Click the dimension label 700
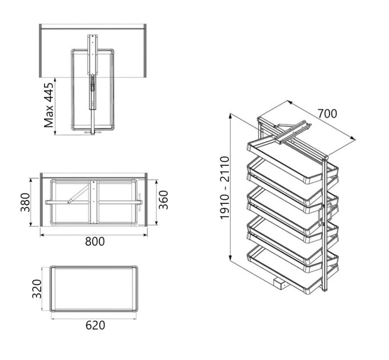click(327, 114)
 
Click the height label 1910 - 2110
click(225, 187)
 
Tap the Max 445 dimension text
click(49, 105)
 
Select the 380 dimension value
click(25, 202)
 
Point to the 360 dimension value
click(163, 199)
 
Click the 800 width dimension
click(95, 241)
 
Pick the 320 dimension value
click(37, 289)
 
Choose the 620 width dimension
click(96, 325)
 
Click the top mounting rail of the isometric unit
click(293, 133)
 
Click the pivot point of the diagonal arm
click(69, 202)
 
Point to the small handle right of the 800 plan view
click(140, 202)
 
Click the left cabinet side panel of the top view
click(40, 51)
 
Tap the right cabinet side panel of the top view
click(145, 51)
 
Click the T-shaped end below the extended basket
click(93, 133)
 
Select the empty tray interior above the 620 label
click(94, 289)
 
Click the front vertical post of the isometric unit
click(325, 223)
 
